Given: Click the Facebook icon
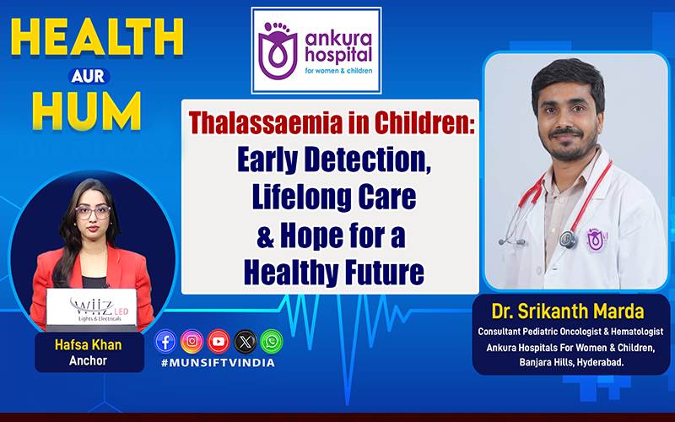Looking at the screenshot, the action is [165, 342].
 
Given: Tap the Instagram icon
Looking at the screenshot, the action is [192, 342].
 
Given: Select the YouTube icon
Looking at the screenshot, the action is [219, 342].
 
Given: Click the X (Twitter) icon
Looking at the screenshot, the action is [246, 342].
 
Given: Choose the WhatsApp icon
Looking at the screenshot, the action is [272, 342].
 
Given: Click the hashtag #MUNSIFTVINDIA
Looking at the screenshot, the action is [218, 363].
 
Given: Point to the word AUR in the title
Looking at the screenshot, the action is [89, 76].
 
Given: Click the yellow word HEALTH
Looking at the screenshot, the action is [97, 37].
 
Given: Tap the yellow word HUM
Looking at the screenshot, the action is [87, 111].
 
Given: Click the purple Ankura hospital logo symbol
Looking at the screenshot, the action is [278, 51].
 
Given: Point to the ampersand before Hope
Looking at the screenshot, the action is [266, 238].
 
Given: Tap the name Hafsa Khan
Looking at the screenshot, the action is [89, 345].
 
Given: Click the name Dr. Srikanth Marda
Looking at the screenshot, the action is [568, 311].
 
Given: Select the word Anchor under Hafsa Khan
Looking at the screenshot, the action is [88, 360].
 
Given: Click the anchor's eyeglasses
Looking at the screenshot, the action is [93, 212].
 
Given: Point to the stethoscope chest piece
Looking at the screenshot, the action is [568, 240].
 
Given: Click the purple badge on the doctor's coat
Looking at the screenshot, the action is [597, 240].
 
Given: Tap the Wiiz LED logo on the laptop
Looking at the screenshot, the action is [100, 310].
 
